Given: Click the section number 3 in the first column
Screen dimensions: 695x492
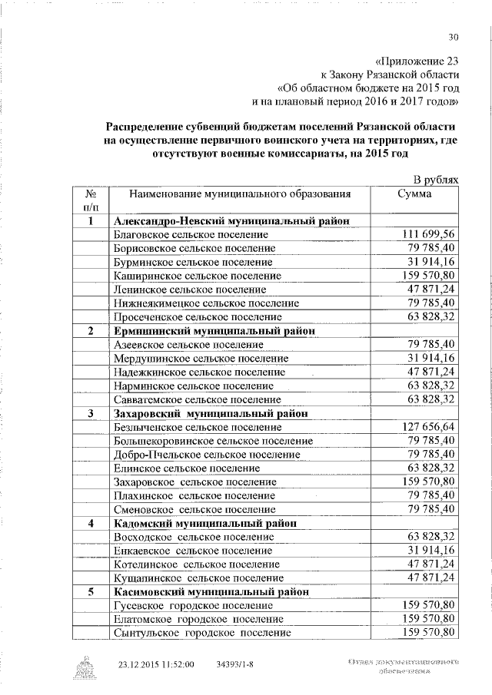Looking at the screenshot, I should (91, 413).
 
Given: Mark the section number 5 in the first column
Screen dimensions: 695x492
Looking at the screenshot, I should (91, 592).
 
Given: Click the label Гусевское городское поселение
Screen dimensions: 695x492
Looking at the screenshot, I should (192, 606).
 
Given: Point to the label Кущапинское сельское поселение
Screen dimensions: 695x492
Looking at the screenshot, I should (197, 578).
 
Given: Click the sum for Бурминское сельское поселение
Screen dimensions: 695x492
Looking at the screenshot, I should (434, 261).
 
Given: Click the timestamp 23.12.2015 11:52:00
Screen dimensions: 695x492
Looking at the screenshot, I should (156, 664).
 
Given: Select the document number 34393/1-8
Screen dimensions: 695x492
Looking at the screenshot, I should (236, 664).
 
